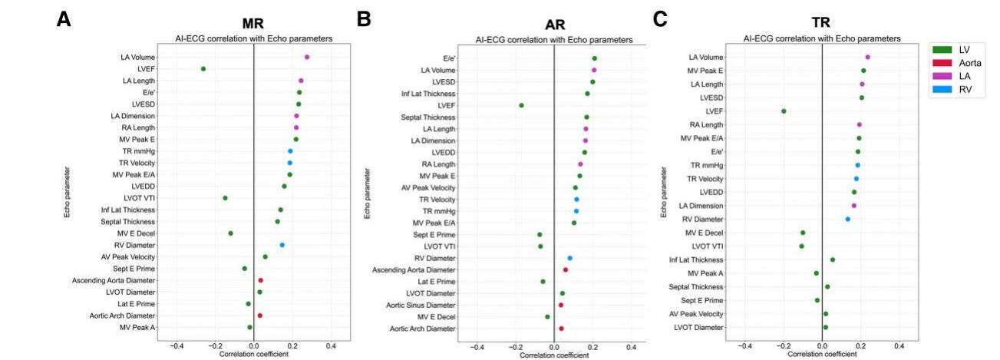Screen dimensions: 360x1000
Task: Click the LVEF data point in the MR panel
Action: [x=203, y=69]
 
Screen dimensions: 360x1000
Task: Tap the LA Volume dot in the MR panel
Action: [x=307, y=57]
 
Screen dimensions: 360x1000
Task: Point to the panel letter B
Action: [x=364, y=18]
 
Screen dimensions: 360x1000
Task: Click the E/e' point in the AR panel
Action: [x=595, y=58]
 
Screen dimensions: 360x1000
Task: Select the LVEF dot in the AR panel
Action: [x=521, y=105]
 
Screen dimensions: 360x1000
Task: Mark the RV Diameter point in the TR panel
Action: [x=848, y=220]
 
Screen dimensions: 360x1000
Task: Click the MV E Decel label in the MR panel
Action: [x=137, y=233]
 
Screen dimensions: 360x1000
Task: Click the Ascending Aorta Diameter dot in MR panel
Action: [x=261, y=281]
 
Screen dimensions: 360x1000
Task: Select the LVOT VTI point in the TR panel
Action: [x=802, y=246]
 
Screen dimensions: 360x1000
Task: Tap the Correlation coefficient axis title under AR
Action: [x=553, y=355]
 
